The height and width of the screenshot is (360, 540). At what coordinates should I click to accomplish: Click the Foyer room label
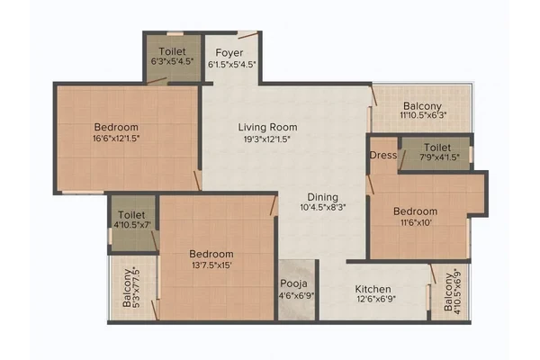point(229,53)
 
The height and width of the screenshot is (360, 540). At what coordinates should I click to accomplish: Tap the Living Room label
point(267,127)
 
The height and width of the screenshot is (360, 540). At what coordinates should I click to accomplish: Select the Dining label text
point(323,197)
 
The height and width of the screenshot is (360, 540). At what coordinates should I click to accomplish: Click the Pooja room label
point(293,283)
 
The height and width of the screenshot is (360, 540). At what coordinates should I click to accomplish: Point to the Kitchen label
point(373,289)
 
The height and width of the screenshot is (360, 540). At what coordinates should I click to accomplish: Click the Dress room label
point(383,156)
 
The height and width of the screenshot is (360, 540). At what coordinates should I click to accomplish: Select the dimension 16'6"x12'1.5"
point(116,139)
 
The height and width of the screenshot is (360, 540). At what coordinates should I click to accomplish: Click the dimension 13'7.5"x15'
point(211,265)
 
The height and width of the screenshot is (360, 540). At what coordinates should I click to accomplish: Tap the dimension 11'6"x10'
point(415,222)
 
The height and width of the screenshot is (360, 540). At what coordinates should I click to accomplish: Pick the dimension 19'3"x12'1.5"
point(267,139)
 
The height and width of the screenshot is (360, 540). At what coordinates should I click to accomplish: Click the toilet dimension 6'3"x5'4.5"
point(172,62)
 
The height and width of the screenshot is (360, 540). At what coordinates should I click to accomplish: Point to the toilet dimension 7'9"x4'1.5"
point(438,157)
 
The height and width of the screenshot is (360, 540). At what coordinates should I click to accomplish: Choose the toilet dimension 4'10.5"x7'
point(132,225)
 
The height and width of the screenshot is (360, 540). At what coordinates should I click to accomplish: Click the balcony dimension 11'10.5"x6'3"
point(423,115)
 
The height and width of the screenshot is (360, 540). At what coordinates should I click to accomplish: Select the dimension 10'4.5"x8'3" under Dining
point(323,207)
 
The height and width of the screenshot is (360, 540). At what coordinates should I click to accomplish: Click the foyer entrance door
point(248,35)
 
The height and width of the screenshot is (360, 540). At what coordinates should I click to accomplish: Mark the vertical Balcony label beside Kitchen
point(448,292)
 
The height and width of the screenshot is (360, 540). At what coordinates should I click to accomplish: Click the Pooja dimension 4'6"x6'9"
point(296,295)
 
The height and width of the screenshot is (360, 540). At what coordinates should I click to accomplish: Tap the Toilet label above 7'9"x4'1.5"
point(437,148)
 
